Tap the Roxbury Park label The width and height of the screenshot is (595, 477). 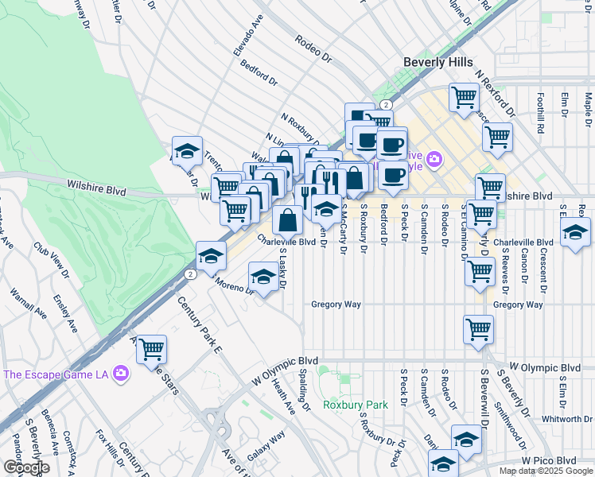(x=356, y=405)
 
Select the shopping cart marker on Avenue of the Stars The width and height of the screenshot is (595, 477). (x=151, y=349)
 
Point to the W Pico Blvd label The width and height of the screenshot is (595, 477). (x=549, y=460)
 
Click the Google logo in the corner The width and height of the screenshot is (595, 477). (x=25, y=467)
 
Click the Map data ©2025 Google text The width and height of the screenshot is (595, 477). (x=545, y=471)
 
